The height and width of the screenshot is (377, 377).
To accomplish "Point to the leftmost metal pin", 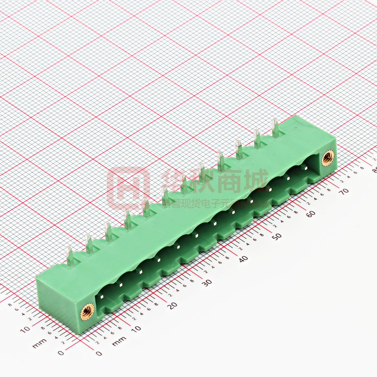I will [x=70, y=257].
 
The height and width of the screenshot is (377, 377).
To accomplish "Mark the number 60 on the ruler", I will [x=311, y=214].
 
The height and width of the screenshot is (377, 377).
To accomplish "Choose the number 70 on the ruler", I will [x=346, y=191].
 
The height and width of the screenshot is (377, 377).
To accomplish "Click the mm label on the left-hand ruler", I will [x=38, y=345].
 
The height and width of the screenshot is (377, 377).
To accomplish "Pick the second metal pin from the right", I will [x=257, y=139].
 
